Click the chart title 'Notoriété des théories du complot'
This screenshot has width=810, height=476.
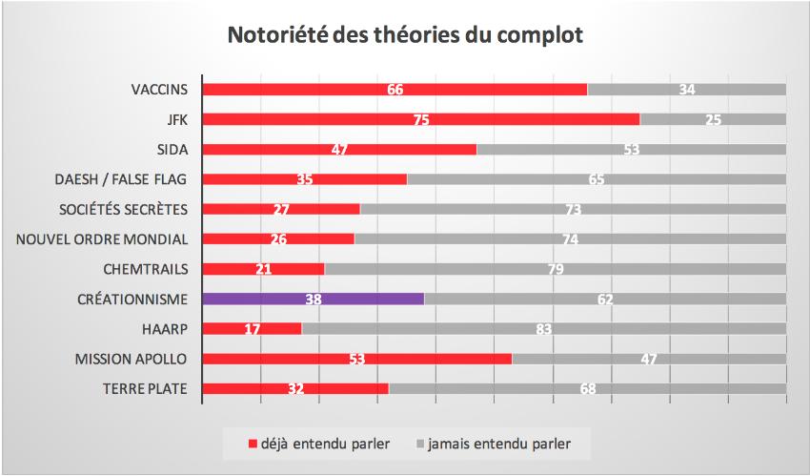[405, 36]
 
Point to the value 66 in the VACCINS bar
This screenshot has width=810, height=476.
[395, 90]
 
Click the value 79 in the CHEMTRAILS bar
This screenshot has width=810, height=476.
[556, 269]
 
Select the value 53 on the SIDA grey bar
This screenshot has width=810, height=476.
[631, 150]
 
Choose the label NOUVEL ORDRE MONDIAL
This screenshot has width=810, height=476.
[102, 238]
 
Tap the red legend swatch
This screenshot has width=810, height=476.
[253, 445]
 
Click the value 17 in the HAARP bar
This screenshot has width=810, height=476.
[252, 329]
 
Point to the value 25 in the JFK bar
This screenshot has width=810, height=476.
[712, 119]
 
